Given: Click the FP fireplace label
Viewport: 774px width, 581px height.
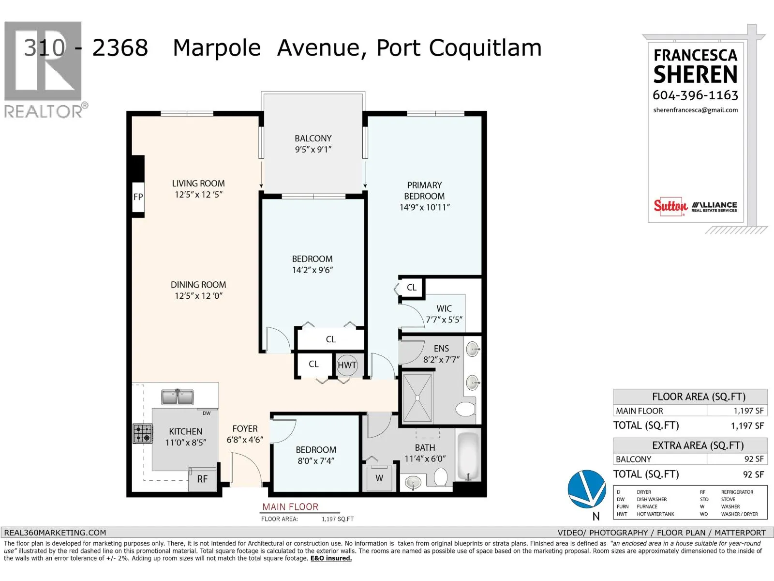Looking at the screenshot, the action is tap(138, 197).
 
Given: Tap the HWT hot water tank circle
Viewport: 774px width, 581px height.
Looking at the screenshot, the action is tap(347, 365).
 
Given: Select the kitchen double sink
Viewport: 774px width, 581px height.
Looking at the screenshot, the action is tap(177, 397).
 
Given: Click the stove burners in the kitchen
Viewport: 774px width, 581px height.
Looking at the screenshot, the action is tap(143, 433).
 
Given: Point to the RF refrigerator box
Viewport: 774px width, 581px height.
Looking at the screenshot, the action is tap(202, 479).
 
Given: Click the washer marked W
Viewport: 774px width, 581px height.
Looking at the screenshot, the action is tap(379, 478).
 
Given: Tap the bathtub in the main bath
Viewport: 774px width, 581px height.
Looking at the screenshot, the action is tap(468, 456).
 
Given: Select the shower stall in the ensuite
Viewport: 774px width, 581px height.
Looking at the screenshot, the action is tap(417, 398).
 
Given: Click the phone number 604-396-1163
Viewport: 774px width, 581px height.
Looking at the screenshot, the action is tap(695, 95).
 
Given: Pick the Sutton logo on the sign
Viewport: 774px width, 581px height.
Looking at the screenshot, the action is tap(670, 206).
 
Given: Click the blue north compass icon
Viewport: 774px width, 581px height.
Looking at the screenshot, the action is tap(587, 489).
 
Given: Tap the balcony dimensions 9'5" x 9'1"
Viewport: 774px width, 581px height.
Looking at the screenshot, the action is tap(313, 150).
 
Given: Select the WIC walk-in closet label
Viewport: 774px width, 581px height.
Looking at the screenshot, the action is tap(444, 309).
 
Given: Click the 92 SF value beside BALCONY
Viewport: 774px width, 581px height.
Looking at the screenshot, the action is tap(754, 459).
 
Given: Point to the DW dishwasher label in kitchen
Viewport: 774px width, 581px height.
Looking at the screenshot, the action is tap(207, 413).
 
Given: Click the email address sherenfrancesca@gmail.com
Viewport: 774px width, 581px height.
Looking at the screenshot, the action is tap(695, 110).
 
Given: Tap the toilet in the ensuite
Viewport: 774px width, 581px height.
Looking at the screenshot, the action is tap(465, 409).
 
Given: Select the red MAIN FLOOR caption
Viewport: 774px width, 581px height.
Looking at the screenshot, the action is tap(290, 507).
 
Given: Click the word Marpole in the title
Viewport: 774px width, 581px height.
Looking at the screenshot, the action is tap(217, 48).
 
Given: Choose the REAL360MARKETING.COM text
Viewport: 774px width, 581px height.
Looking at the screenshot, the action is tap(55, 533).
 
